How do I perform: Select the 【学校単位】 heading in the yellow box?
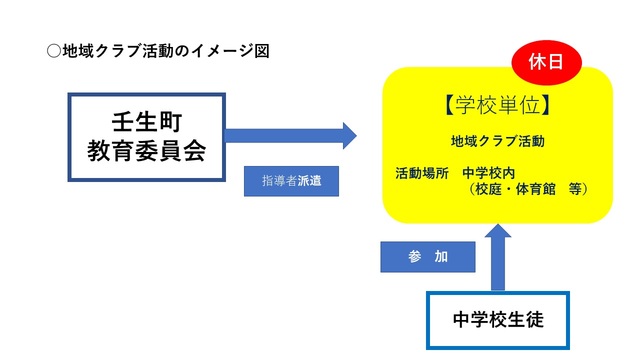497,102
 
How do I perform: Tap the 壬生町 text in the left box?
147,117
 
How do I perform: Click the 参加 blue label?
427,257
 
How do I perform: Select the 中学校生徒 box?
497,320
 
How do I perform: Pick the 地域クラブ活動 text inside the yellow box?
497,141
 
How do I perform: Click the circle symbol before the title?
53,50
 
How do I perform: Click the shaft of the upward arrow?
497,270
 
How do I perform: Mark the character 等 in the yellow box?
575,188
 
